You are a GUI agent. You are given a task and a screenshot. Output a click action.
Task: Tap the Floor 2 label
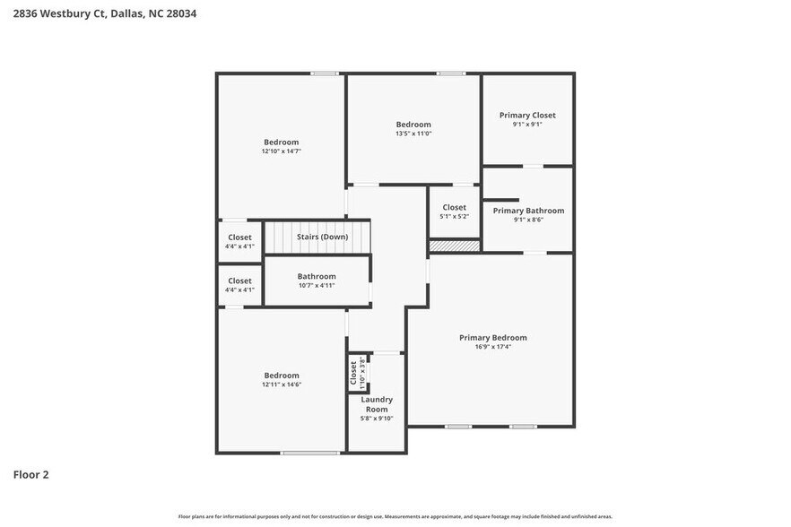[30, 474]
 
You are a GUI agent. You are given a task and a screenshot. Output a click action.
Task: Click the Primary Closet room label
[527, 115]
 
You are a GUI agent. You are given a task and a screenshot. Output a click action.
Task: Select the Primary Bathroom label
[528, 211]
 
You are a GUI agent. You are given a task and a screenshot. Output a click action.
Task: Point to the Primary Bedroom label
[492, 338]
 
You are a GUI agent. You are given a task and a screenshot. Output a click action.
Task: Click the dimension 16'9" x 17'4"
[492, 347]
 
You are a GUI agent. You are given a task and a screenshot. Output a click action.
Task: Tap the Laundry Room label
[377, 404]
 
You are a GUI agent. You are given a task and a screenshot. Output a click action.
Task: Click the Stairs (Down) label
[322, 237]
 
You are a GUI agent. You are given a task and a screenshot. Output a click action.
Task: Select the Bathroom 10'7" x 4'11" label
[317, 281]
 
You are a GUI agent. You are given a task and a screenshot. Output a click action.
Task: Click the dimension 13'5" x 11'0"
[413, 134]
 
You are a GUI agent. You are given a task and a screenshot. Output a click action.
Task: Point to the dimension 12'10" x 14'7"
[281, 151]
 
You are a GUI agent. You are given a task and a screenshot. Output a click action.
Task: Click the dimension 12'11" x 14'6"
[281, 384]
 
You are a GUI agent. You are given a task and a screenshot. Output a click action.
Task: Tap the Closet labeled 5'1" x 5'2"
[454, 212]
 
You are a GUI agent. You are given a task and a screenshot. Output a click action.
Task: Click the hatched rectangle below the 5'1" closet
[455, 245]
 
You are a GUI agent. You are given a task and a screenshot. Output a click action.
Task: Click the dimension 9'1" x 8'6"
[528, 220]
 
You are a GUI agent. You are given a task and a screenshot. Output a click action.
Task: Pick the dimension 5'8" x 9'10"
[377, 418]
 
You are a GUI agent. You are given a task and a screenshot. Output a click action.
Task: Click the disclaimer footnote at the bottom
[395, 516]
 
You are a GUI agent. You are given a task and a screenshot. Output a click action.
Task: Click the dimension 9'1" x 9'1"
[527, 124]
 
